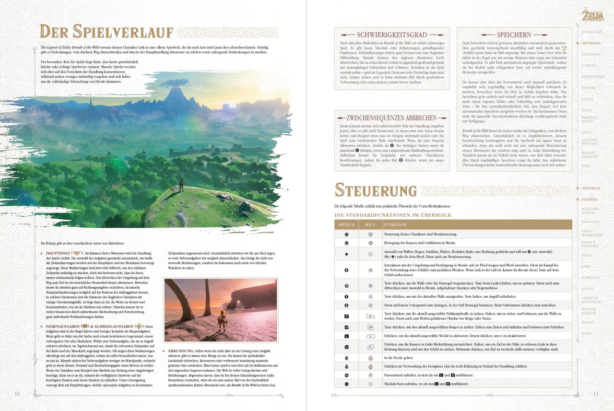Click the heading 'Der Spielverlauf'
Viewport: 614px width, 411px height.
pos(106,32)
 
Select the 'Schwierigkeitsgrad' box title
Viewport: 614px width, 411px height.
pos(392,35)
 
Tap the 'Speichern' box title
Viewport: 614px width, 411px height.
pos(514,35)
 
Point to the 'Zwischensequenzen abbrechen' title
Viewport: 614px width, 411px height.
pos(392,117)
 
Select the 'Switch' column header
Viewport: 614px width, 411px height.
pos(346,224)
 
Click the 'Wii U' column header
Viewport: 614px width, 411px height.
pos(370,224)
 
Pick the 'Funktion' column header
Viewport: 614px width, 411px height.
pos(395,224)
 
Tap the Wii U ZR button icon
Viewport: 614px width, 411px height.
pos(370,327)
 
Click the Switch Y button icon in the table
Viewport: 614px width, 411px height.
pos(346,296)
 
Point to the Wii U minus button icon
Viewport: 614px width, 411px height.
pos(370,384)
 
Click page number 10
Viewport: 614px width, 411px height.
pos(17,394)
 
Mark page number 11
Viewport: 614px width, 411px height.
pos(596,394)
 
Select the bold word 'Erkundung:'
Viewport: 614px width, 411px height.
pos(181,351)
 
